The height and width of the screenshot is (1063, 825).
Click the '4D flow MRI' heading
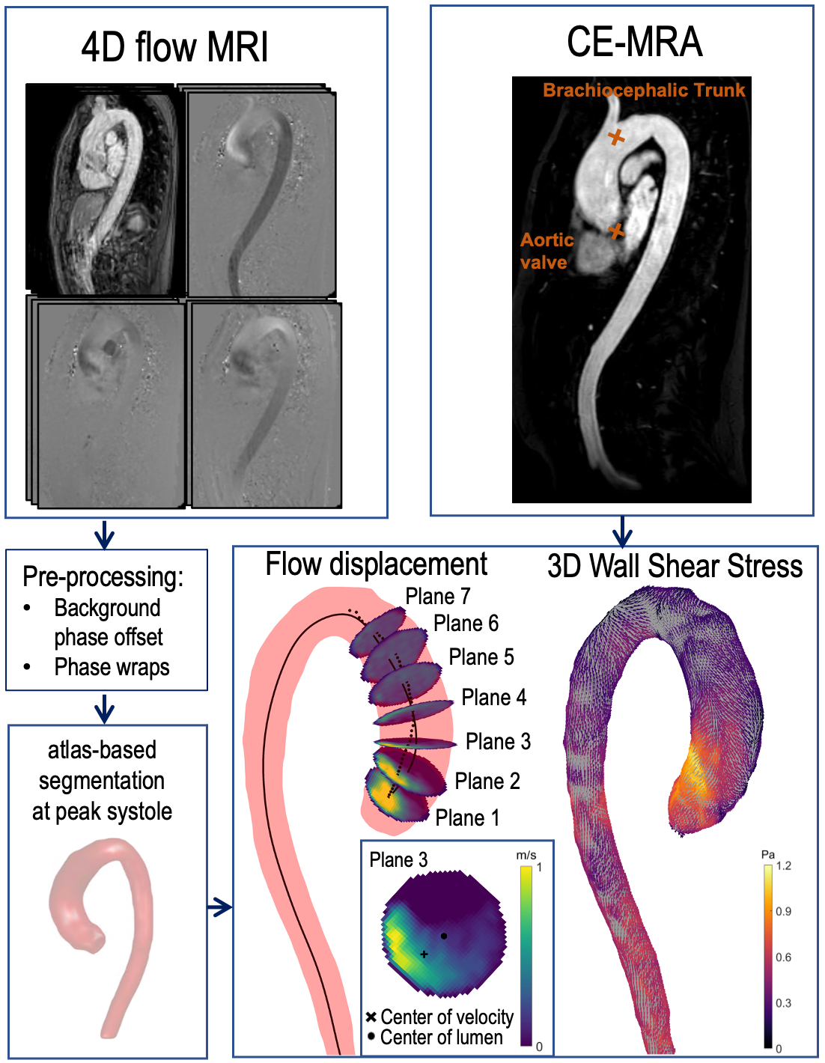[x=174, y=47]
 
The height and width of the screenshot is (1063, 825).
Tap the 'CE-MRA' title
[x=634, y=42]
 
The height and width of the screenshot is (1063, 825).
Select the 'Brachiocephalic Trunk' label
[x=644, y=91]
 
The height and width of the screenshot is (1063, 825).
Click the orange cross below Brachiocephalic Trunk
[x=615, y=136]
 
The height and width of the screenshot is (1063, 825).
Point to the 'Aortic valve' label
[x=547, y=251]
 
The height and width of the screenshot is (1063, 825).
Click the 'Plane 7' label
[x=438, y=597]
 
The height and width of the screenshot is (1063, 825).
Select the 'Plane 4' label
[x=494, y=698]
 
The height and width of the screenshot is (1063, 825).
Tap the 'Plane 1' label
[x=467, y=818]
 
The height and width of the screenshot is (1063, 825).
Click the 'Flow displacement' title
[x=376, y=564]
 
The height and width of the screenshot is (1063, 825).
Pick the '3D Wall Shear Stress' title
[x=675, y=567]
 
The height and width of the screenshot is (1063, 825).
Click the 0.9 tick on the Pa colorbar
[x=783, y=912]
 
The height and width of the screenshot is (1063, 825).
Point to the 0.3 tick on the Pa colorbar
[x=783, y=1003]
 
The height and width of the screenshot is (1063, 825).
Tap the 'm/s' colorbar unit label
[x=526, y=855]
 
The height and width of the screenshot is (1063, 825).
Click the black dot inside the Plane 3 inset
[x=444, y=936]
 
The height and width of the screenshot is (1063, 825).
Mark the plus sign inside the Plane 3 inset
[x=424, y=954]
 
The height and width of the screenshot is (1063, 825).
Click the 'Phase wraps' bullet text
[x=112, y=667]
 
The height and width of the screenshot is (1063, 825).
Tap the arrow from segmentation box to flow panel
[x=219, y=907]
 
